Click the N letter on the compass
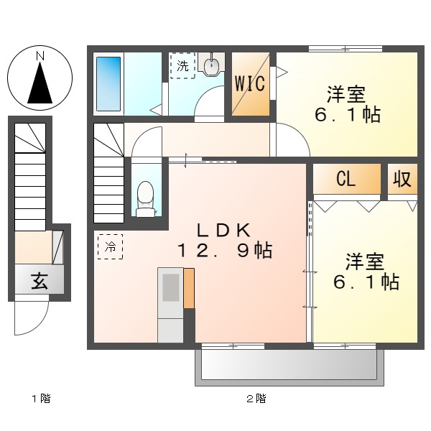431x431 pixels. coord(41,55)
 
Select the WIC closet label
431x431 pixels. coord(250,83)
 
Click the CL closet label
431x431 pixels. coord(346,180)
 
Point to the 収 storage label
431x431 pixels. coord(403,180)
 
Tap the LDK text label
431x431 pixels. coord(224,231)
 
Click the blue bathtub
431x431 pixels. coord(108,83)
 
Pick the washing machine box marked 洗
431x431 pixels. coord(182,66)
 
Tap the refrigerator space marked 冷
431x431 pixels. coord(111,246)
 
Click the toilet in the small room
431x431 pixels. coord(146,196)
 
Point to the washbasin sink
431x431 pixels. coord(212,67)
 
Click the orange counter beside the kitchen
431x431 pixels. coord(189,288)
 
